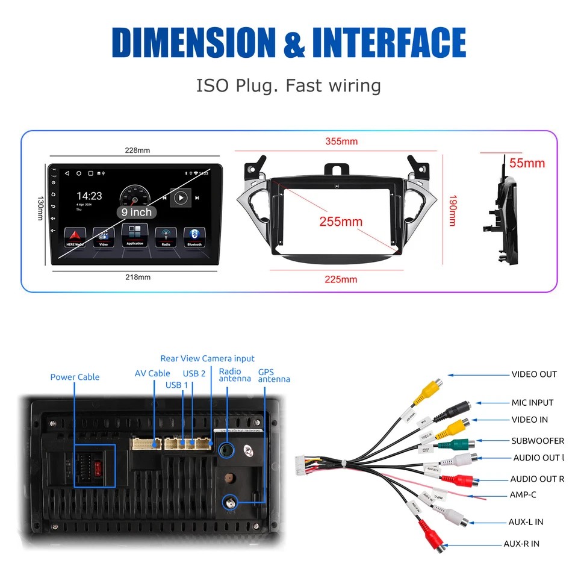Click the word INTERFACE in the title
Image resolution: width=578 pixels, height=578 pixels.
[389, 43]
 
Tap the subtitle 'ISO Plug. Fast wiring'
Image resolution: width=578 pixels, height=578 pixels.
[288, 85]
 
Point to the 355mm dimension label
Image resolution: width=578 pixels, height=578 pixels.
[341, 141]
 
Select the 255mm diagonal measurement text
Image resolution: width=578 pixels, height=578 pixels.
[341, 222]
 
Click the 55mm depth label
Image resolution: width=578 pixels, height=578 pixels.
[527, 163]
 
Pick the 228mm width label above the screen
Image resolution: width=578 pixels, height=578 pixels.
[138, 150]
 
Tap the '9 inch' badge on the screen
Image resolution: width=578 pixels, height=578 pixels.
[137, 213]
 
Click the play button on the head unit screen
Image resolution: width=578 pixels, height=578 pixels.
[180, 197]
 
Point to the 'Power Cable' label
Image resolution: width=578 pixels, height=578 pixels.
[75, 377]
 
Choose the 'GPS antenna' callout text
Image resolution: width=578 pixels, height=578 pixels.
[273, 376]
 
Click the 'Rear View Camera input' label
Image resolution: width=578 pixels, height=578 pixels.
[207, 358]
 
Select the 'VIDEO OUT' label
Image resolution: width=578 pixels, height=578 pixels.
[534, 374]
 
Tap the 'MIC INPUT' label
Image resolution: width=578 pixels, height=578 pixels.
[532, 402]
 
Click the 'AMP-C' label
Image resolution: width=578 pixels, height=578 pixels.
[523, 495]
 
